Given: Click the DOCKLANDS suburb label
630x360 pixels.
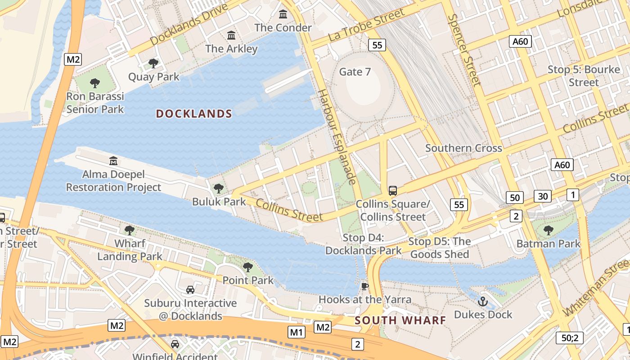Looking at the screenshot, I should (x=194, y=114).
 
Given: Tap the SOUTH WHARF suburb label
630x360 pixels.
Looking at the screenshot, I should (x=400, y=320).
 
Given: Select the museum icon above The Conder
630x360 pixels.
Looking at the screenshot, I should (x=283, y=14).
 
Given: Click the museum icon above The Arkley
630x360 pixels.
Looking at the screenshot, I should (x=231, y=35).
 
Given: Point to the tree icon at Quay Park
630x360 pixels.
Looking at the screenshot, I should (x=153, y=63).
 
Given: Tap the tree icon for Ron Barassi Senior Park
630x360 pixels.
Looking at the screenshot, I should (x=94, y=83).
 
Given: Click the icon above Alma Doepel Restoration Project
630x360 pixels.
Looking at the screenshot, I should (x=113, y=161).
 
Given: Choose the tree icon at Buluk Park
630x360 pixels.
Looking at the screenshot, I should (x=219, y=188).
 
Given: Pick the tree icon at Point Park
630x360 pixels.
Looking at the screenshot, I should (x=247, y=267).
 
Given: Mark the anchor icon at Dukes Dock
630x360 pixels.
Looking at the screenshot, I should (x=483, y=301).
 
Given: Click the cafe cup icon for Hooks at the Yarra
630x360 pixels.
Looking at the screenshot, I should (x=365, y=286).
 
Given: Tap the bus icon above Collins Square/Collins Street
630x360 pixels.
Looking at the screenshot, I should (x=393, y=191).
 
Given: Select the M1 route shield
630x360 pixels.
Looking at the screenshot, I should (x=297, y=333).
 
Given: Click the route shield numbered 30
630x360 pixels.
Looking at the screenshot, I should (x=543, y=196).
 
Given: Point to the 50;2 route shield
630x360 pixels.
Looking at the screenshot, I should (x=570, y=337).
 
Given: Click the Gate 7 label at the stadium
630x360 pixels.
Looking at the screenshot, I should (x=355, y=72).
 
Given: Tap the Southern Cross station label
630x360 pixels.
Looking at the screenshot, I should (x=463, y=148).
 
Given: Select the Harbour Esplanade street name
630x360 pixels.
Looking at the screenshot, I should (x=337, y=136).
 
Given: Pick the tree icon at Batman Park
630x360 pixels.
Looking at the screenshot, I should (x=548, y=231).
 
